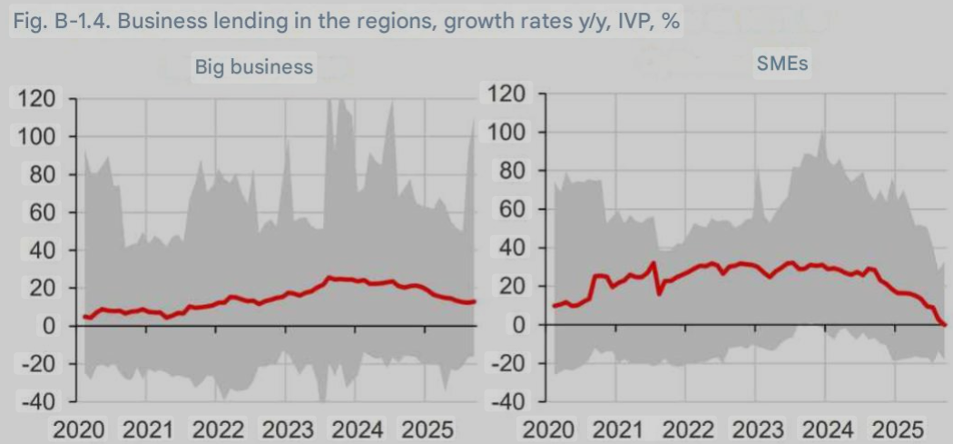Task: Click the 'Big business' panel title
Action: click(x=254, y=67)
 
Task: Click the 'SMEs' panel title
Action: click(x=782, y=64)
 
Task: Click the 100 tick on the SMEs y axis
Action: click(x=508, y=133)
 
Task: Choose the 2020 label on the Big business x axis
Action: click(x=80, y=429)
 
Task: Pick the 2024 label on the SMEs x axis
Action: click(x=828, y=429)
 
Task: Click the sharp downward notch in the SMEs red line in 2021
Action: click(x=659, y=294)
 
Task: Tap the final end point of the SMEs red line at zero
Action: click(x=944, y=324)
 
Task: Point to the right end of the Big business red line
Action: click(x=474, y=302)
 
